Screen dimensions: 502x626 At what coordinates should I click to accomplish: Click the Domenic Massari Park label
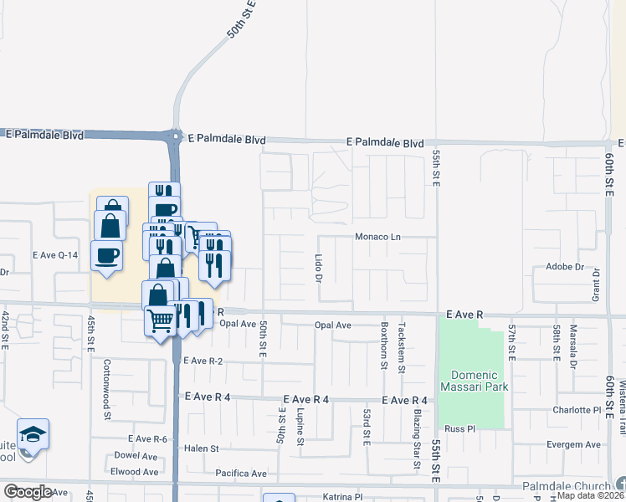475,381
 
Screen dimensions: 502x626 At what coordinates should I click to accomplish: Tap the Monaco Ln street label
378,237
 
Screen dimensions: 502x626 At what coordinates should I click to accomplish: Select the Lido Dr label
319,268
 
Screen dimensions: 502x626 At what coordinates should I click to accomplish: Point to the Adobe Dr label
564,267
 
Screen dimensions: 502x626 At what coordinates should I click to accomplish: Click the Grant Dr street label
597,284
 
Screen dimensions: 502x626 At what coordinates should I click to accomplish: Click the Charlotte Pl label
577,411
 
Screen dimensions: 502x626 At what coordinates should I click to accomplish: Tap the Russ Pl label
459,429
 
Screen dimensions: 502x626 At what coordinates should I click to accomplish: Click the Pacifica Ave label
240,474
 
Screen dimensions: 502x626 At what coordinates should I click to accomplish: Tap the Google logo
28,492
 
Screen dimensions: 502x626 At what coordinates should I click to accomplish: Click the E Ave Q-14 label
55,254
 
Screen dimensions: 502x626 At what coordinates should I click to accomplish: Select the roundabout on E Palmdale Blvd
176,136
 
